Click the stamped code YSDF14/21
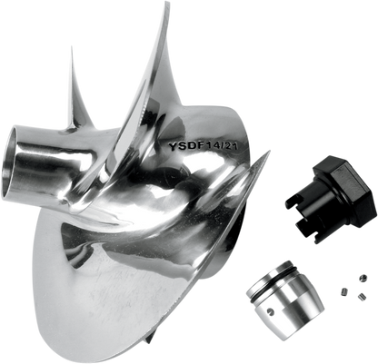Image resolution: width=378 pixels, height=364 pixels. (x=204, y=146)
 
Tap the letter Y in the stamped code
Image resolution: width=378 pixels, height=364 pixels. (x=173, y=146)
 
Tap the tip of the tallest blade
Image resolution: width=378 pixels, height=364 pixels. (x=168, y=3)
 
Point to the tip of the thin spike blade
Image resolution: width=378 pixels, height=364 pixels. (x=72, y=47)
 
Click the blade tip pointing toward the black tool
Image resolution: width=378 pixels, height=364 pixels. (x=269, y=152)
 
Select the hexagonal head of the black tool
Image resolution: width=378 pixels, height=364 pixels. (x=344, y=189)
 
